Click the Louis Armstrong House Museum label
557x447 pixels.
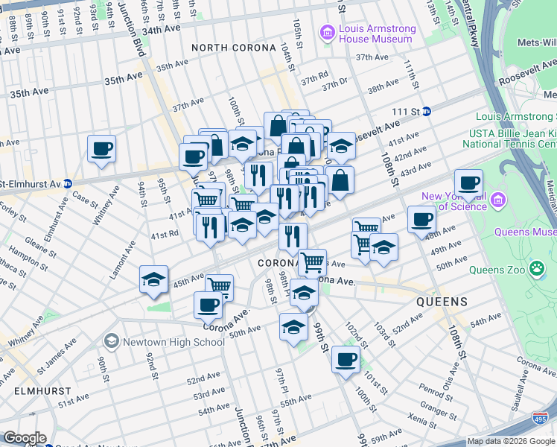pyautogui.click(x=377, y=34)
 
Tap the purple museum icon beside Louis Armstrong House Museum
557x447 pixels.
pyautogui.click(x=325, y=34)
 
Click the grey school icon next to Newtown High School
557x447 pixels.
pyautogui.click(x=111, y=341)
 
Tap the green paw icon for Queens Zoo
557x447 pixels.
pyautogui.click(x=536, y=267)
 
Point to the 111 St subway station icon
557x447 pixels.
pyautogui.click(x=426, y=111)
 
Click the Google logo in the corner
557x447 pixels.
pyautogui.click(x=24, y=438)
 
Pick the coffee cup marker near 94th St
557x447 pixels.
pyautogui.click(x=101, y=148)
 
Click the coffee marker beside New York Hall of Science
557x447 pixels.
pyautogui.click(x=468, y=182)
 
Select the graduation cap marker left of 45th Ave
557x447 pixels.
pyautogui.click(x=153, y=279)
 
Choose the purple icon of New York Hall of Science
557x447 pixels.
pyautogui.click(x=499, y=200)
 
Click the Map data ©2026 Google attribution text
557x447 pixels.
pyautogui.click(x=511, y=441)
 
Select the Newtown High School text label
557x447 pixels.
pyautogui.click(x=172, y=342)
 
